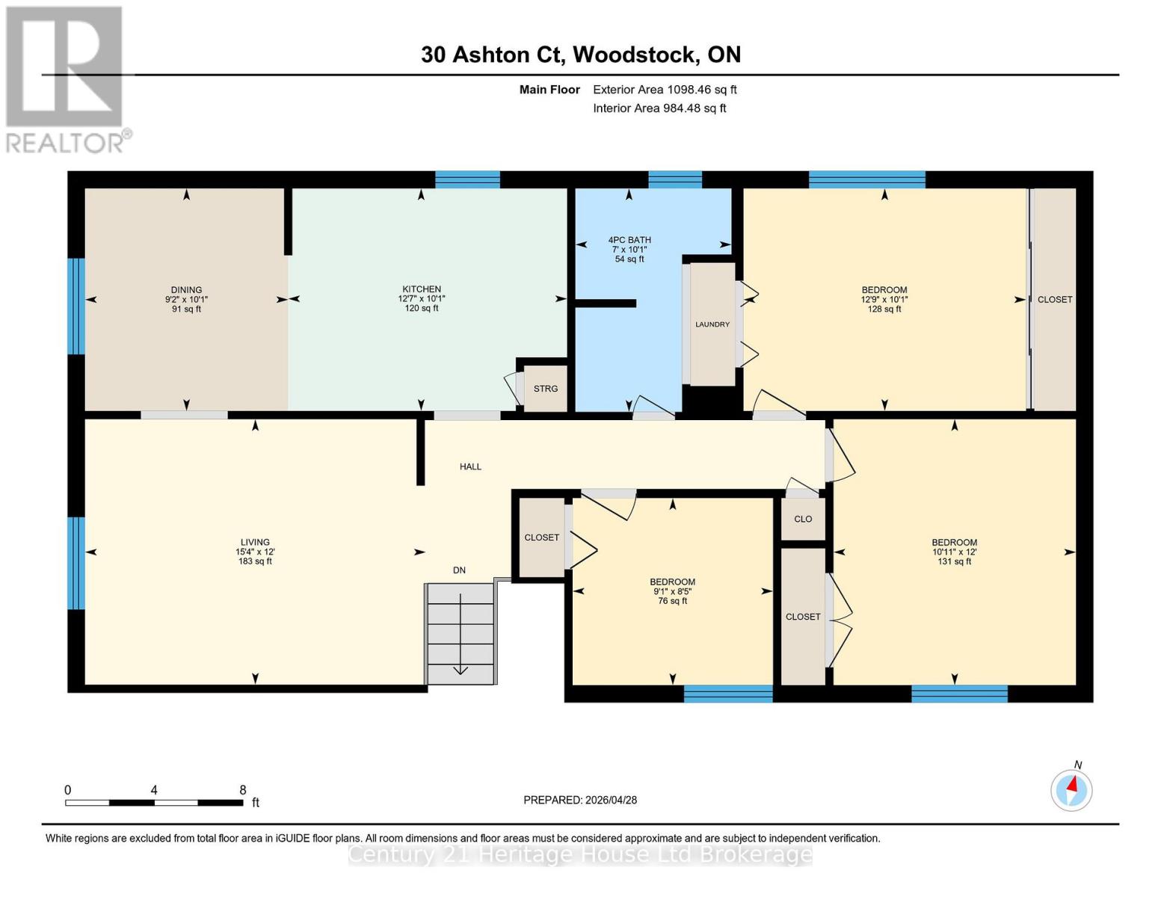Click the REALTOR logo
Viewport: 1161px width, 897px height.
66,79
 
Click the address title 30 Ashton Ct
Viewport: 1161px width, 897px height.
580,55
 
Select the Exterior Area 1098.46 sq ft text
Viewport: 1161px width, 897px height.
665,90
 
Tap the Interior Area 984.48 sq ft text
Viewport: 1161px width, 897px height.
659,108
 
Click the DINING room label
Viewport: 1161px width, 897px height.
186,299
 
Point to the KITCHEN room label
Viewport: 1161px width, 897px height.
422,298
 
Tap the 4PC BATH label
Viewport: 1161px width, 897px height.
629,249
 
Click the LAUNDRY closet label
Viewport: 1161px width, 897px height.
712,324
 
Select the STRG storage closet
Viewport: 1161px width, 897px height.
546,389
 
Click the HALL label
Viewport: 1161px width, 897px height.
470,466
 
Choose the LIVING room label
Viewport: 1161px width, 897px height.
255,552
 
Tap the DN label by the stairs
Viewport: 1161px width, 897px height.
459,570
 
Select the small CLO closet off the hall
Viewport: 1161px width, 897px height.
803,519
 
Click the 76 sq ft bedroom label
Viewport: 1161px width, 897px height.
672,591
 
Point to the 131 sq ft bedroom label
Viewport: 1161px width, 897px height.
954,552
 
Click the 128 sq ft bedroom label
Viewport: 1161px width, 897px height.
884,299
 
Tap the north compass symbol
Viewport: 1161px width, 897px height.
1071,789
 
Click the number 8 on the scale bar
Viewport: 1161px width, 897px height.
243,790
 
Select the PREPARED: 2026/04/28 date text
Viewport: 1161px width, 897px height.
580,800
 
